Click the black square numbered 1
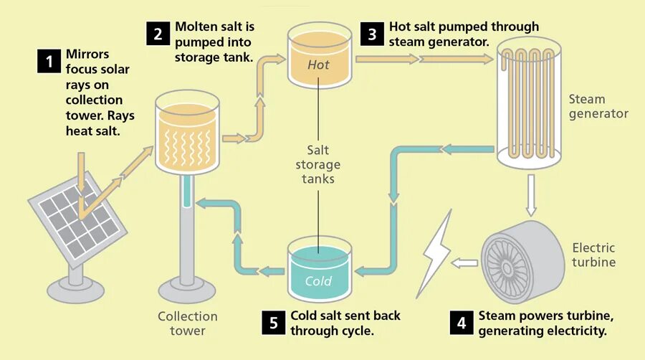49,62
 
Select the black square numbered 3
372,34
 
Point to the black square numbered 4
462,323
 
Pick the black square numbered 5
274,323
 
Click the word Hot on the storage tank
318,65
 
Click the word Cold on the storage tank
318,280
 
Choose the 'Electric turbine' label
593,255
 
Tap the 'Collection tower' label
188,323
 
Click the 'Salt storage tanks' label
318,164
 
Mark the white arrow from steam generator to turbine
530,194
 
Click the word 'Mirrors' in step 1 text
87,54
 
